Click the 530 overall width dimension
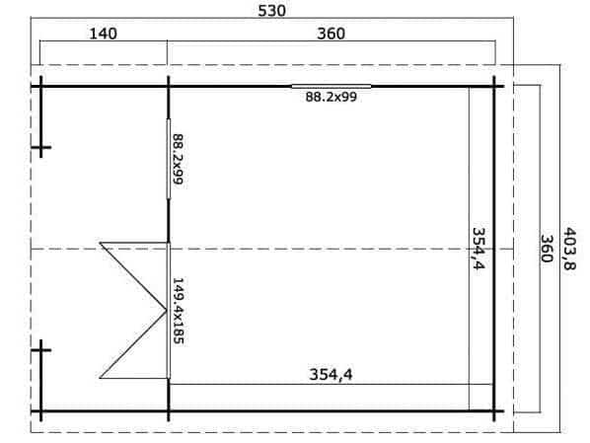[271, 11]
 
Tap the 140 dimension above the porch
[103, 34]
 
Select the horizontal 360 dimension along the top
[331, 34]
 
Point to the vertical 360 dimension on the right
[547, 249]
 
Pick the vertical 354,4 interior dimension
[479, 249]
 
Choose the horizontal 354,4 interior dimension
[331, 375]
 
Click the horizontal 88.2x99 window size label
[331, 97]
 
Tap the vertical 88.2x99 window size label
[178, 159]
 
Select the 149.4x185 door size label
[178, 311]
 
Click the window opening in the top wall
[332, 87]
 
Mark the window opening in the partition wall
[168, 159]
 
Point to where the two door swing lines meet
[167, 311]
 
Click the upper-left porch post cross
[40, 147]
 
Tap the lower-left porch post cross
[40, 350]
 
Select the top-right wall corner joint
[494, 87]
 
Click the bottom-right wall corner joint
[494, 411]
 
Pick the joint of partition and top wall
[168, 87]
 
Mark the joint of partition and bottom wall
[168, 411]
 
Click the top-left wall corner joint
[40, 87]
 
